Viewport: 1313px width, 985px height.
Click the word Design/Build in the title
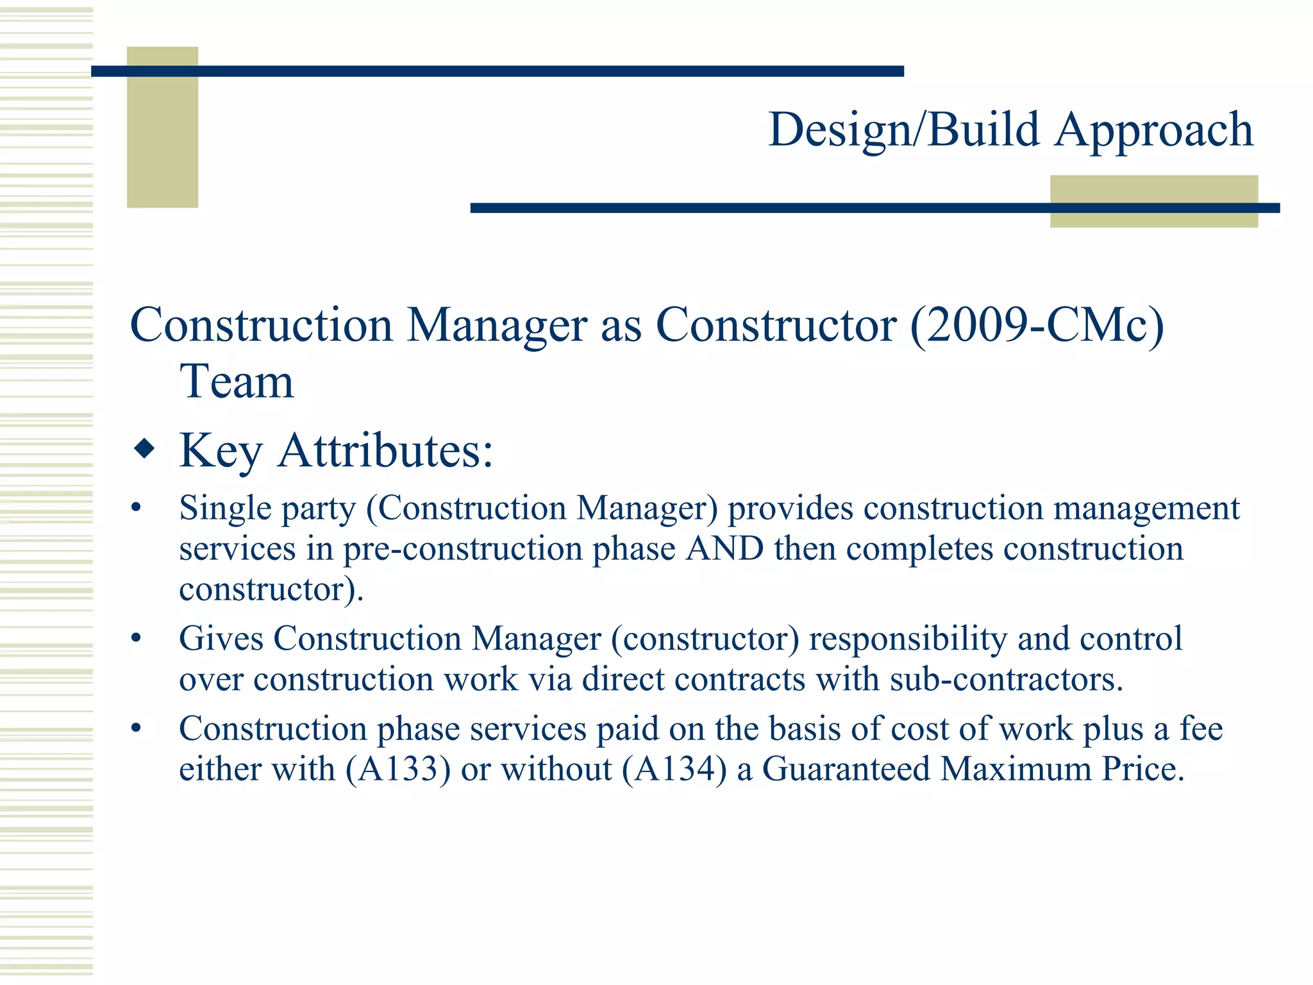point(904,130)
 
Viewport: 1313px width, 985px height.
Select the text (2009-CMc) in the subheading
point(1037,326)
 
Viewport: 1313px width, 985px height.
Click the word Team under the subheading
point(237,382)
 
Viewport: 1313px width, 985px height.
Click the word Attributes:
point(385,450)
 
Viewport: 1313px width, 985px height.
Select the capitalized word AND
point(724,549)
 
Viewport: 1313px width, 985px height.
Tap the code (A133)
point(398,769)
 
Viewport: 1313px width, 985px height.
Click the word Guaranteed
point(846,769)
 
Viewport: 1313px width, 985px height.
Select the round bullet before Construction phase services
point(135,728)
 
